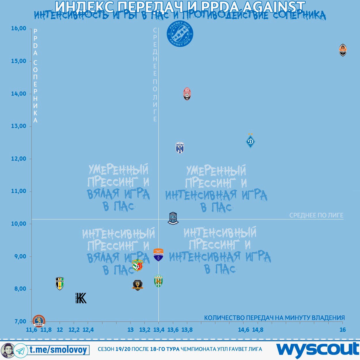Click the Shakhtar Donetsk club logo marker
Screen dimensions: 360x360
point(342,50)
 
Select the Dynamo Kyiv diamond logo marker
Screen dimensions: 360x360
point(251,141)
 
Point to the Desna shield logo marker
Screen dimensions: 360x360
point(180,148)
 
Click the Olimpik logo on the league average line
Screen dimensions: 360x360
point(173,218)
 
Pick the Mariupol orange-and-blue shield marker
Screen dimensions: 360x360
point(158,255)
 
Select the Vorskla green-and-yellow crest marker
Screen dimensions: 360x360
point(137,265)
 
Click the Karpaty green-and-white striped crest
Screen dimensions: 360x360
point(158,281)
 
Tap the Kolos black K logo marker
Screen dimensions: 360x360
point(81,298)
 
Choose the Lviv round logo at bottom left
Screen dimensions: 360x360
point(39,321)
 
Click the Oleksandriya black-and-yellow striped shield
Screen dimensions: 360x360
point(60,283)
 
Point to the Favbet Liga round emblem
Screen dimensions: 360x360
point(180,34)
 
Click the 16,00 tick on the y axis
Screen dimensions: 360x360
point(19,29)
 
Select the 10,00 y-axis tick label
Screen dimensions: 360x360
point(19,224)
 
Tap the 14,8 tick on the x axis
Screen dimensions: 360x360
point(257,330)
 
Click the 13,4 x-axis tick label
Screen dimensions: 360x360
point(159,330)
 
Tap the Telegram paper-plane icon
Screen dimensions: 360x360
point(20,350)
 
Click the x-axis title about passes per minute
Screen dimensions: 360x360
point(274,318)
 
